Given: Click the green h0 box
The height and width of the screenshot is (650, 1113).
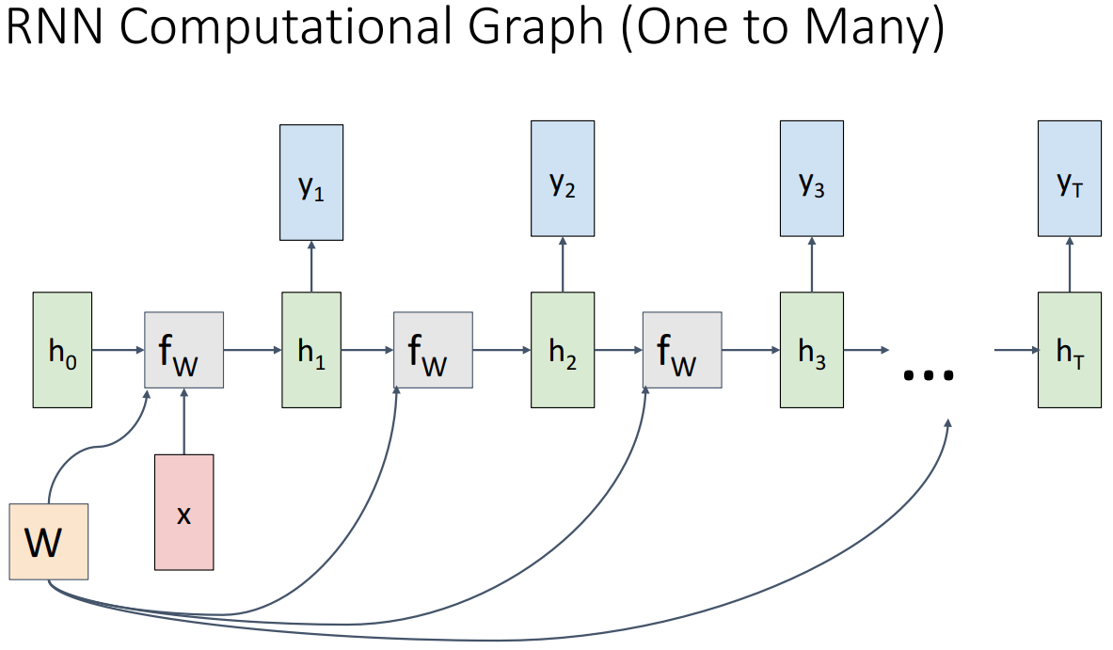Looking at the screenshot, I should click(62, 350).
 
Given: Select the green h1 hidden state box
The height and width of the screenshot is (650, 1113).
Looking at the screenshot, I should click(311, 350).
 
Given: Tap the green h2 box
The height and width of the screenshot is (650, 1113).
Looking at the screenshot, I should click(562, 350).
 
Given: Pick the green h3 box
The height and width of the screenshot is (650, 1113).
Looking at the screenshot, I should click(811, 350).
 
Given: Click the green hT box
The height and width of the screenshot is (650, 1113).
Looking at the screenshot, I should click(1069, 350).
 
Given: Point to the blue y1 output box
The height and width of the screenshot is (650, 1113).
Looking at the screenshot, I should click(311, 182).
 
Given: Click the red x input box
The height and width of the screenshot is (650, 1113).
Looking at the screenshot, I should click(183, 512).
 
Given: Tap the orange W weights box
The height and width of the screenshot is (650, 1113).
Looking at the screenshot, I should click(48, 541).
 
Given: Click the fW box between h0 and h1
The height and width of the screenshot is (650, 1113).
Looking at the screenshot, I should click(183, 350).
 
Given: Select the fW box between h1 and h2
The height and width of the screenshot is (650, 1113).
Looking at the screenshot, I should click(433, 350).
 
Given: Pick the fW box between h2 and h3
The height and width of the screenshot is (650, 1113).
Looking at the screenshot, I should click(682, 350).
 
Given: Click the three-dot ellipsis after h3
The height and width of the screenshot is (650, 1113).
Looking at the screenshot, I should click(929, 374).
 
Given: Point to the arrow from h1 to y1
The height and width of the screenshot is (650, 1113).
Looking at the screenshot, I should click(311, 266).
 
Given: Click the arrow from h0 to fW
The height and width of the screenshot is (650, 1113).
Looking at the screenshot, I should click(118, 350).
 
